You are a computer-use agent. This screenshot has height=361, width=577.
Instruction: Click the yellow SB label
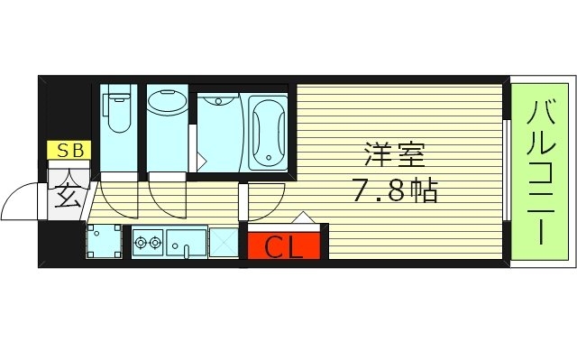(x=69, y=151)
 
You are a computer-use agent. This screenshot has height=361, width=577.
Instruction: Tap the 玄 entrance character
(x=69, y=193)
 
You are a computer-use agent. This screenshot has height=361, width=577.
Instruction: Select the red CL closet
(x=283, y=245)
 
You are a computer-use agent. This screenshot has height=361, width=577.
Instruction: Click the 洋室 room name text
(x=395, y=154)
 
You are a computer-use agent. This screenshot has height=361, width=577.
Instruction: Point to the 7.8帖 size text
(x=395, y=191)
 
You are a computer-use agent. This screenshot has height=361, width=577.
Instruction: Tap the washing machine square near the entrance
(x=104, y=241)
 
